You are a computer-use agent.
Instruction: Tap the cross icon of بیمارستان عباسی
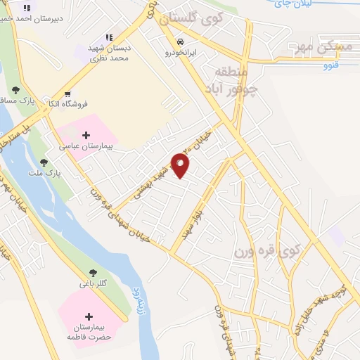point(86,135)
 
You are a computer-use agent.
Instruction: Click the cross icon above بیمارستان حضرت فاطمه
point(89,317)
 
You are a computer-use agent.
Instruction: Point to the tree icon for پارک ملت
point(44,162)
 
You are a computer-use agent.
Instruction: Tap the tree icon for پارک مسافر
point(15,89)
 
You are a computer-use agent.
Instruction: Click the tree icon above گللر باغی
point(93,273)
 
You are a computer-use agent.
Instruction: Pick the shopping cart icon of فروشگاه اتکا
point(67,94)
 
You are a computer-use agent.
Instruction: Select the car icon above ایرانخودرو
point(181,41)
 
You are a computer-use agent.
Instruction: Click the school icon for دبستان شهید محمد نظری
point(109,37)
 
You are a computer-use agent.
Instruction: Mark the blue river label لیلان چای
point(290,4)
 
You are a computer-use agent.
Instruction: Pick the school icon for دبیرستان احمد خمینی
point(27,8)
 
